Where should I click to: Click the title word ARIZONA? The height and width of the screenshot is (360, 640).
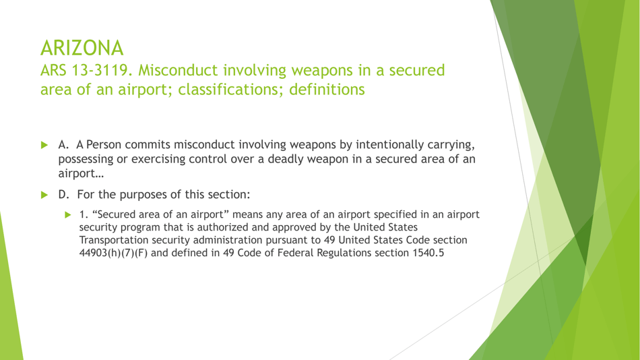click(x=81, y=48)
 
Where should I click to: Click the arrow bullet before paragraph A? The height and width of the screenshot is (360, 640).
click(x=44, y=144)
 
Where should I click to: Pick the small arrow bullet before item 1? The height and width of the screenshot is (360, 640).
click(x=67, y=215)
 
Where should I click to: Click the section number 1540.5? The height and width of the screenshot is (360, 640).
click(x=427, y=253)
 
